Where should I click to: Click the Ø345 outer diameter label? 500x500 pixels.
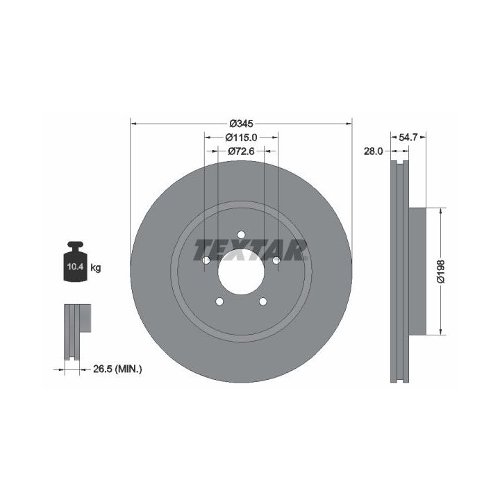click(x=241, y=123)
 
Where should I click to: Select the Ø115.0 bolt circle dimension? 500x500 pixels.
click(x=241, y=137)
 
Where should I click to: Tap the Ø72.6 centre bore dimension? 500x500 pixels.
click(x=241, y=151)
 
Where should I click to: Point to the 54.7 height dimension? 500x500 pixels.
click(x=408, y=137)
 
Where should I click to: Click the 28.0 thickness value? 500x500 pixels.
click(x=373, y=151)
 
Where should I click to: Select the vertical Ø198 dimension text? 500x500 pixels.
click(x=441, y=272)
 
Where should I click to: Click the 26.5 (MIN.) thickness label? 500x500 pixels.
click(x=117, y=369)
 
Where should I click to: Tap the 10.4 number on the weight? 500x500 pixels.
click(x=75, y=267)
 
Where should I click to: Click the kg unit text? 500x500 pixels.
click(x=96, y=268)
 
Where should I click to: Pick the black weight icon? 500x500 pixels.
click(x=75, y=262)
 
